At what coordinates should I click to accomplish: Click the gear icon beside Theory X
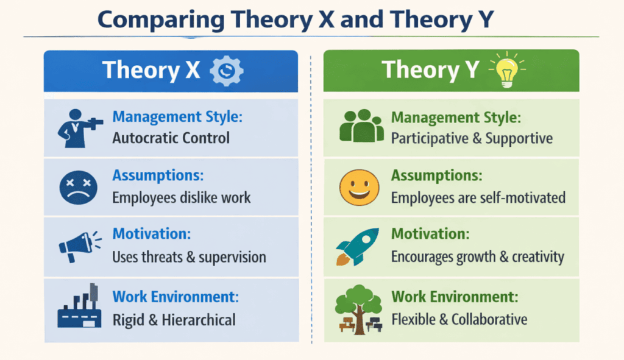coord(226,70)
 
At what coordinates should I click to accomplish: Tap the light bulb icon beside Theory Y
coord(507,70)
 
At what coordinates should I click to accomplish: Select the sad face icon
coord(78,188)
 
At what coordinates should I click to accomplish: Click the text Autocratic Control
coord(171,138)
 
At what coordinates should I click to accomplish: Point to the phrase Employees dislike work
coord(181,197)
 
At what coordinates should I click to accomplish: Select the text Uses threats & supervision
coord(189,257)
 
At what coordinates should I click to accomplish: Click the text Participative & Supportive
coord(472,138)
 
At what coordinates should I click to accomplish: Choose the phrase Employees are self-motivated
coord(478,197)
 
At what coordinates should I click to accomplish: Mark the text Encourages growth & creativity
coord(477,256)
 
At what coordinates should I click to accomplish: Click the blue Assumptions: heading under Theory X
coord(158,175)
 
